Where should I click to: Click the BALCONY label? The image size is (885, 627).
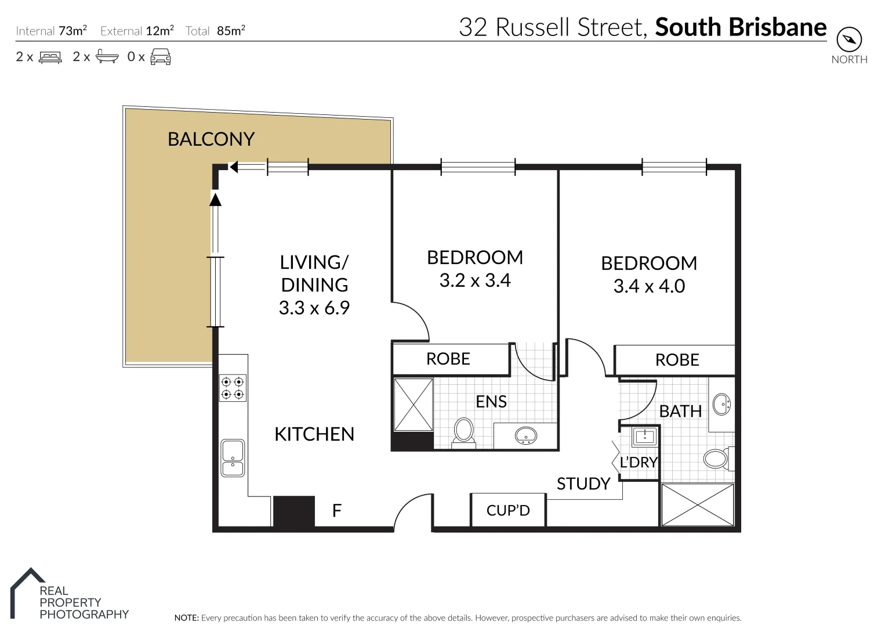coord(211,139)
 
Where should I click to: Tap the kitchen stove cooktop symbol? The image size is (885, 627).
coord(233,388)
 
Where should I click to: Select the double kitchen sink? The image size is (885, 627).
coord(233,458)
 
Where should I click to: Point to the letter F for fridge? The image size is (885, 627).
coord(336,510)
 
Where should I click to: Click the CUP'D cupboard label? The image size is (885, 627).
coord(508,510)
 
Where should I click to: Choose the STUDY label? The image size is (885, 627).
coord(583,484)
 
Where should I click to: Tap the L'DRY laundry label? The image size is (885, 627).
coord(639,462)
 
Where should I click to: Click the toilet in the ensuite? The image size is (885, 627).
coord(463,432)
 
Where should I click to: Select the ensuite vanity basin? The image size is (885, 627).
coord(526,435)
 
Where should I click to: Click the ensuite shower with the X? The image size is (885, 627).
coord(414,405)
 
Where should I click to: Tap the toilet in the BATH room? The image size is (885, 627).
coord(717,459)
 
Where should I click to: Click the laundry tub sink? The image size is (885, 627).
coord(644,436)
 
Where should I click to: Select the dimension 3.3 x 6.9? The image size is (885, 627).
coord(314,308)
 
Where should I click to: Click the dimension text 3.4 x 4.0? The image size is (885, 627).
coord(649,286)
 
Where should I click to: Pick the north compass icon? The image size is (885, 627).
coord(849,40)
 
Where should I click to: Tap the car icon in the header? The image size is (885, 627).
coord(161,57)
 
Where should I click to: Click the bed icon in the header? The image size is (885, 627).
coord(50,57)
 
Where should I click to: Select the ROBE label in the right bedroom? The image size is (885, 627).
coord(677,360)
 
